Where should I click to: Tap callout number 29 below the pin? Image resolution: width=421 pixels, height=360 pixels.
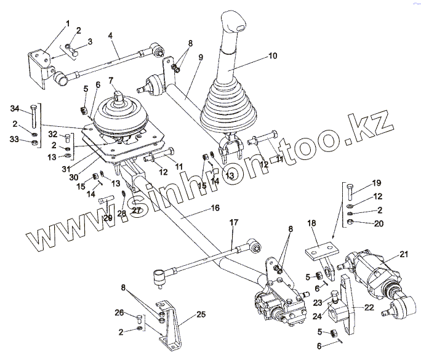[108, 218]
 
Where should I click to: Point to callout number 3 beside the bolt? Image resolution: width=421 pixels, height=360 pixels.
[90, 41]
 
